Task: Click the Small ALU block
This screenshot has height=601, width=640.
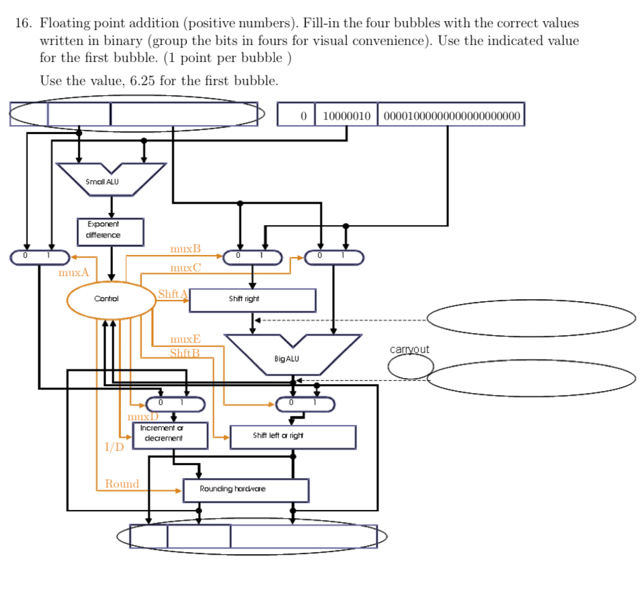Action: coord(111,177)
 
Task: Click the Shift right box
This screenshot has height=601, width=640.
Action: coord(252,300)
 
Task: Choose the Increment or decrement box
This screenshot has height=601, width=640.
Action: coord(162,434)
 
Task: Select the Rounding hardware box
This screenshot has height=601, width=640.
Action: coord(246,490)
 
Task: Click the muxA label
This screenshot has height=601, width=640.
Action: coord(73,273)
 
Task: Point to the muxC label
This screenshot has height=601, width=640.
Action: coord(186,268)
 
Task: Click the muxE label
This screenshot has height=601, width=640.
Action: coord(185,339)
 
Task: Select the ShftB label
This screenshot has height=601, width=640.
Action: coord(184,353)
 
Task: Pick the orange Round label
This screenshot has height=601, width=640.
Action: coord(122,484)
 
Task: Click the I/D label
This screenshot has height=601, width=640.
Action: coord(114,447)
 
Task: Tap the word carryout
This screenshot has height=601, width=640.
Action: coord(409,349)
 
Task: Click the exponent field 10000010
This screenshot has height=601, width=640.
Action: coord(346,116)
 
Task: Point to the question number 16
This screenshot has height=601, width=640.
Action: coord(23,23)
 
